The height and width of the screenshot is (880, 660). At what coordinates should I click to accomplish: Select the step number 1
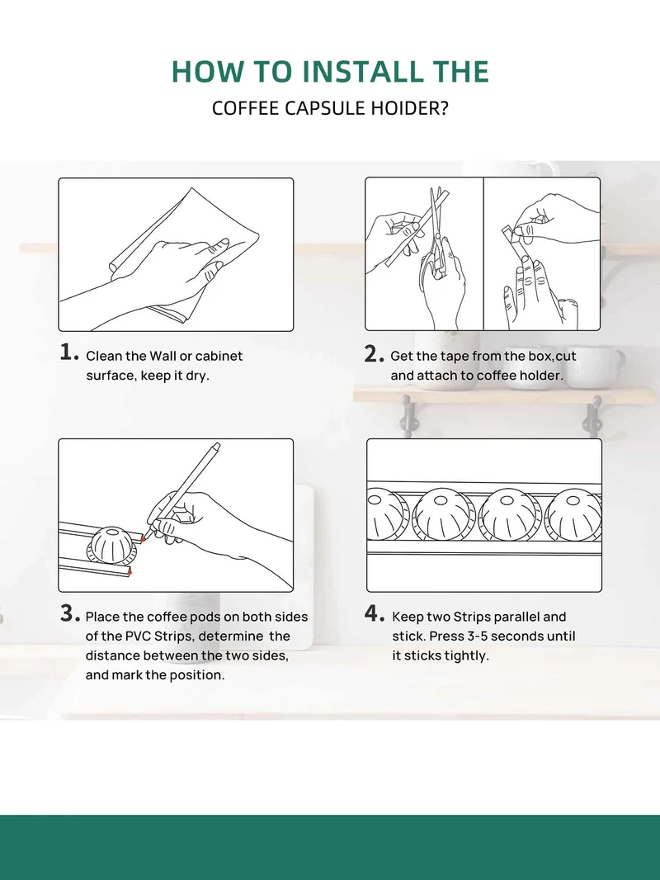click(x=68, y=352)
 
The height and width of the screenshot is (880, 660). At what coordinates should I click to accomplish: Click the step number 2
click(x=374, y=354)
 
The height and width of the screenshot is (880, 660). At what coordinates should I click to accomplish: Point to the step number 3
click(x=69, y=613)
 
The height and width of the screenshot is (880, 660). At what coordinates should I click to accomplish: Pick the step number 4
click(x=374, y=613)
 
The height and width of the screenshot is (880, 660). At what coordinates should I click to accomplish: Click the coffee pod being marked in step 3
click(x=111, y=545)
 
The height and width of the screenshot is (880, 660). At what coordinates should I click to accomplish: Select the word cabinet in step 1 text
click(x=219, y=356)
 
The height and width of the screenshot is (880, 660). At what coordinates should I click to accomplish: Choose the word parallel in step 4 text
click(x=514, y=617)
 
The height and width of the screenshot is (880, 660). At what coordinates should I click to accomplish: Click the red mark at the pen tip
click(x=143, y=539)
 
